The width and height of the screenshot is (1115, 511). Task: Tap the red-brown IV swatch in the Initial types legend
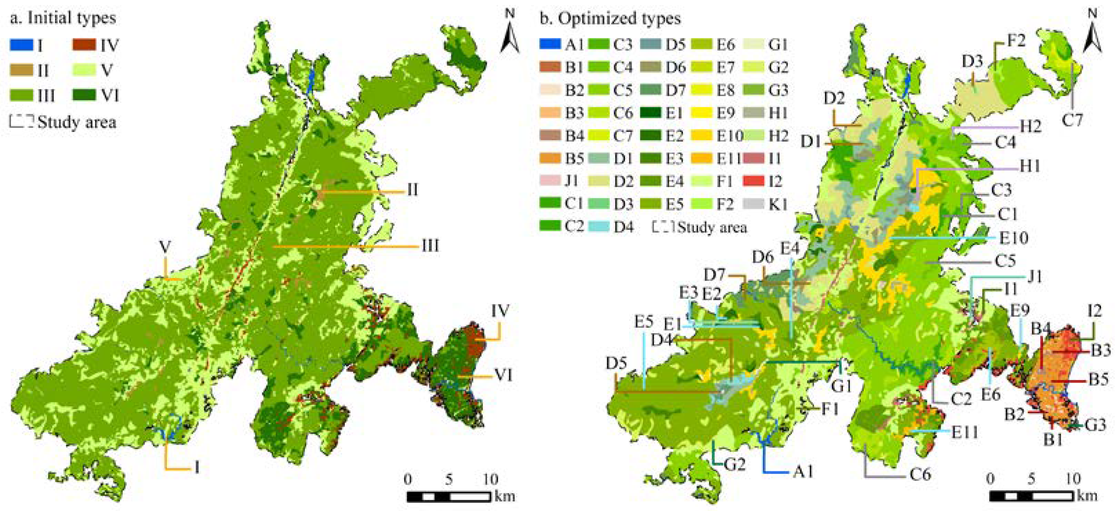(84, 45)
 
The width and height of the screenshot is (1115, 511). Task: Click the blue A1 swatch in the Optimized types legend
(550, 44)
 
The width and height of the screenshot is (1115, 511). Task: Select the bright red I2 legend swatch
(754, 181)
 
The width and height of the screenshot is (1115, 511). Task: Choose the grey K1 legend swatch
(754, 204)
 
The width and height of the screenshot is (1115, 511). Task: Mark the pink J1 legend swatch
(550, 181)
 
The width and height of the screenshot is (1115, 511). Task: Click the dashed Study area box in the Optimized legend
(663, 227)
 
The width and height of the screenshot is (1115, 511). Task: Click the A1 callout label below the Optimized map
(803, 472)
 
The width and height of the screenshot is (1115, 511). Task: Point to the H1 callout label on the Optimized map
(1030, 166)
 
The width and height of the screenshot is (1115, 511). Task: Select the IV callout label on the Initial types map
(500, 311)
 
